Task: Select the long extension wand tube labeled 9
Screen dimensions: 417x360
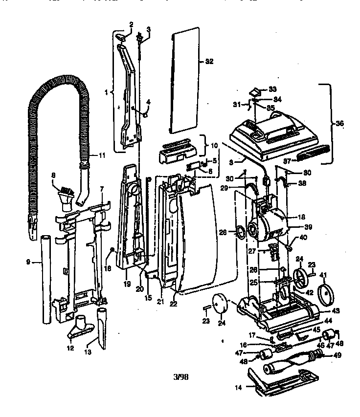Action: pyautogui.click(x=47, y=279)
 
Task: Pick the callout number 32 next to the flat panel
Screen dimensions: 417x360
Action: pyautogui.click(x=209, y=62)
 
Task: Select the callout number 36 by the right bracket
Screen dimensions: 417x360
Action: pyautogui.click(x=339, y=124)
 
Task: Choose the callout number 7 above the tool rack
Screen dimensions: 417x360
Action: pyautogui.click(x=101, y=188)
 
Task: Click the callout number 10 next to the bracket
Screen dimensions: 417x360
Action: pyautogui.click(x=214, y=146)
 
